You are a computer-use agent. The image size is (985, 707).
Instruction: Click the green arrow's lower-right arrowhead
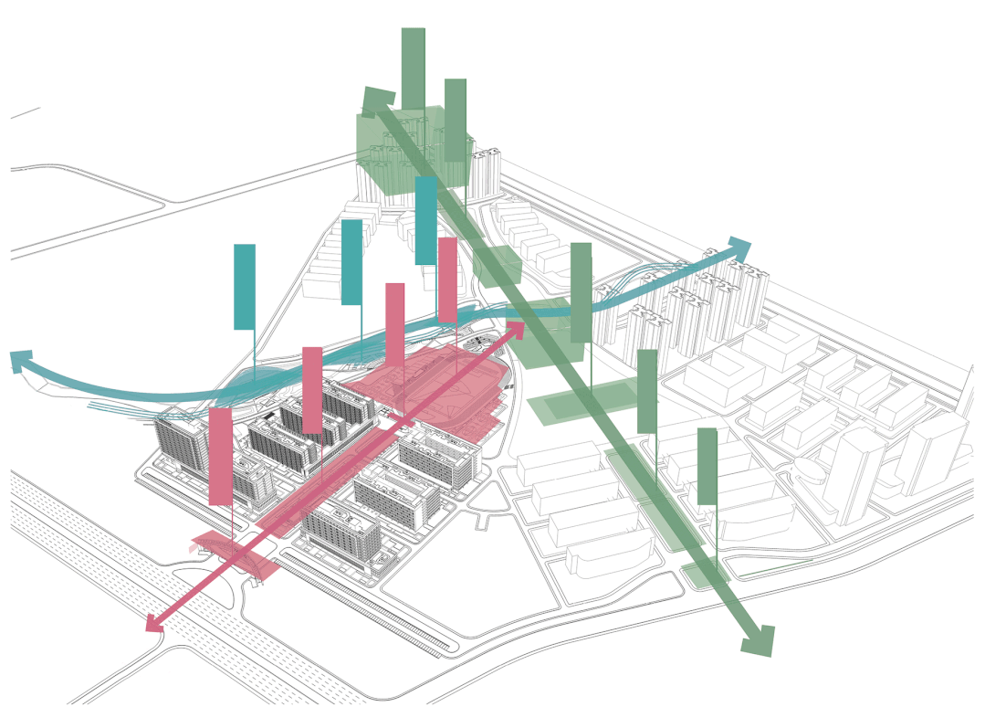click(759, 639)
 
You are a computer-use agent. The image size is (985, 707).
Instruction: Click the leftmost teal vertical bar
click(244, 286)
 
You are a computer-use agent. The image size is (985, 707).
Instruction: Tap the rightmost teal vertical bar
click(425, 220)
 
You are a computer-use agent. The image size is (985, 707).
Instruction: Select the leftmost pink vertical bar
click(220, 456)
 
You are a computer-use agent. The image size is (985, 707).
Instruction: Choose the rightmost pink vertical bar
click(447, 280)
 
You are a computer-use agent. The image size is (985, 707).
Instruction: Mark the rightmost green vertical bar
click(707, 466)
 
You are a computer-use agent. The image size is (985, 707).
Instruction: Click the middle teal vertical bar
click(351, 261)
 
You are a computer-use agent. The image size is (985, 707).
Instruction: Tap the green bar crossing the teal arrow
click(581, 292)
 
